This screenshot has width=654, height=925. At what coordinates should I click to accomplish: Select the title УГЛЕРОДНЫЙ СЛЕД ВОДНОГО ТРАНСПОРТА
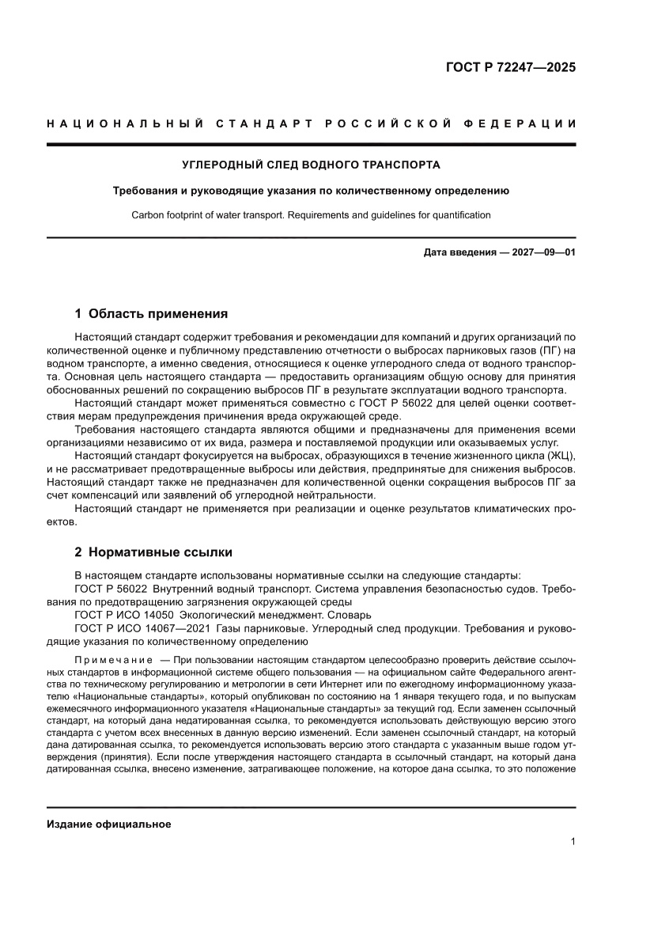(x=311, y=165)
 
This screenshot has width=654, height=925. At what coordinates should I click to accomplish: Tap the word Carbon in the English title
(x=146, y=214)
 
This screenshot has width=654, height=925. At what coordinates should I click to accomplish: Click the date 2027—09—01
(x=542, y=253)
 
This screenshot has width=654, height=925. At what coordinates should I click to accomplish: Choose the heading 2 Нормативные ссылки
(x=153, y=552)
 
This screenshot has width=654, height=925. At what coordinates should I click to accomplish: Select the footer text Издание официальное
(x=109, y=824)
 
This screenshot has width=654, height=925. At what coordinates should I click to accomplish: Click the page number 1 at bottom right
(x=573, y=842)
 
